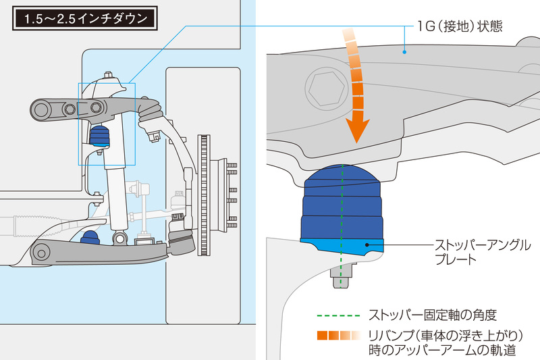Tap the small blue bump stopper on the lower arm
(x=89, y=238)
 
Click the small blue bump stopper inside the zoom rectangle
(x=100, y=136)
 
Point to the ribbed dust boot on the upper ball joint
(x=149, y=111)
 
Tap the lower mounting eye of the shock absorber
(x=119, y=238)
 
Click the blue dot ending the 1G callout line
(x=403, y=49)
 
